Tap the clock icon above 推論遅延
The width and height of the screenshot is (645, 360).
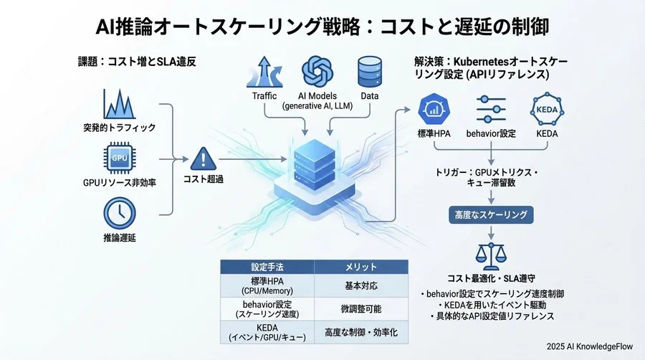tap(118, 212)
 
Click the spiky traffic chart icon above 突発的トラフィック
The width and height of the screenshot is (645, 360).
tap(119, 104)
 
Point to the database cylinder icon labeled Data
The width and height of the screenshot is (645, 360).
tap(369, 72)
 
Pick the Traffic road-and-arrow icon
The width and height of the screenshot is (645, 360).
tap(264, 73)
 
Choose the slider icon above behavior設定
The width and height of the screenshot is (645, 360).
tap(491, 110)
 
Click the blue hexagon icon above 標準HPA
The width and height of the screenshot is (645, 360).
tap(434, 110)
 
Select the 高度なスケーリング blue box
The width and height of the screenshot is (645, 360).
tap(491, 214)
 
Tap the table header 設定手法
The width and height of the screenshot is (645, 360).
tap(267, 267)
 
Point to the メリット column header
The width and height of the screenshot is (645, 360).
tap(361, 267)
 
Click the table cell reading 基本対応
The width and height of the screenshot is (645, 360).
tap(361, 285)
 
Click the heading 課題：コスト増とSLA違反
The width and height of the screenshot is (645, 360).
tap(137, 62)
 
